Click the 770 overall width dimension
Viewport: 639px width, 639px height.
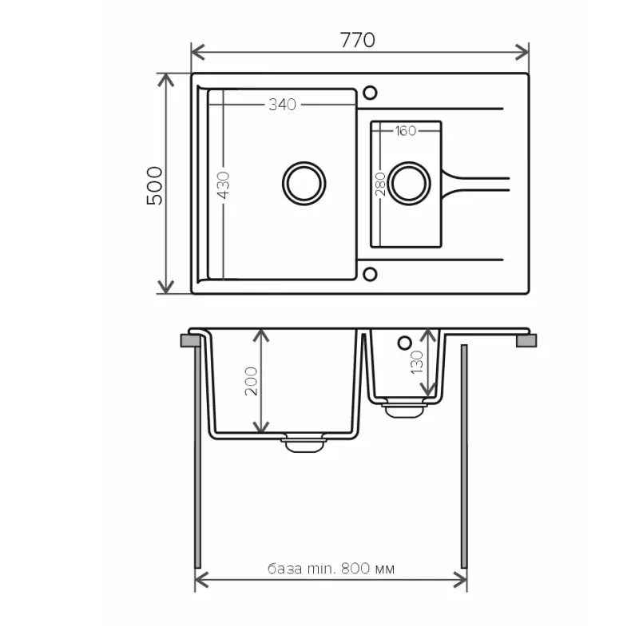pyautogui.click(x=359, y=40)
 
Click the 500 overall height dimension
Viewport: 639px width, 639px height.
pyautogui.click(x=154, y=185)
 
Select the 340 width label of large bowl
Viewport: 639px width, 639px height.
pyautogui.click(x=282, y=105)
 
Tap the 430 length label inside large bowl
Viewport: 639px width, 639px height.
pyautogui.click(x=223, y=185)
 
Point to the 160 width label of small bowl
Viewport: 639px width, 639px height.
pyautogui.click(x=405, y=131)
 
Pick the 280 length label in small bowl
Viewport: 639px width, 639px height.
pyautogui.click(x=381, y=184)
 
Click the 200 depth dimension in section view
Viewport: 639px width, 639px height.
pyautogui.click(x=250, y=382)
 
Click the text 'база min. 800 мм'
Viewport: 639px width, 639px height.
pyautogui.click(x=331, y=570)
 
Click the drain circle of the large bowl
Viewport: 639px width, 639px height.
pyautogui.click(x=304, y=182)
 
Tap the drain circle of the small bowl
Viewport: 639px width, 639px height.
pyautogui.click(x=410, y=182)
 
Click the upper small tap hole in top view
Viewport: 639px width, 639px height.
pyautogui.click(x=369, y=93)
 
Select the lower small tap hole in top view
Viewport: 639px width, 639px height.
pyautogui.click(x=369, y=275)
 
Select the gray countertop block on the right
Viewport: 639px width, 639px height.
pyautogui.click(x=527, y=341)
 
